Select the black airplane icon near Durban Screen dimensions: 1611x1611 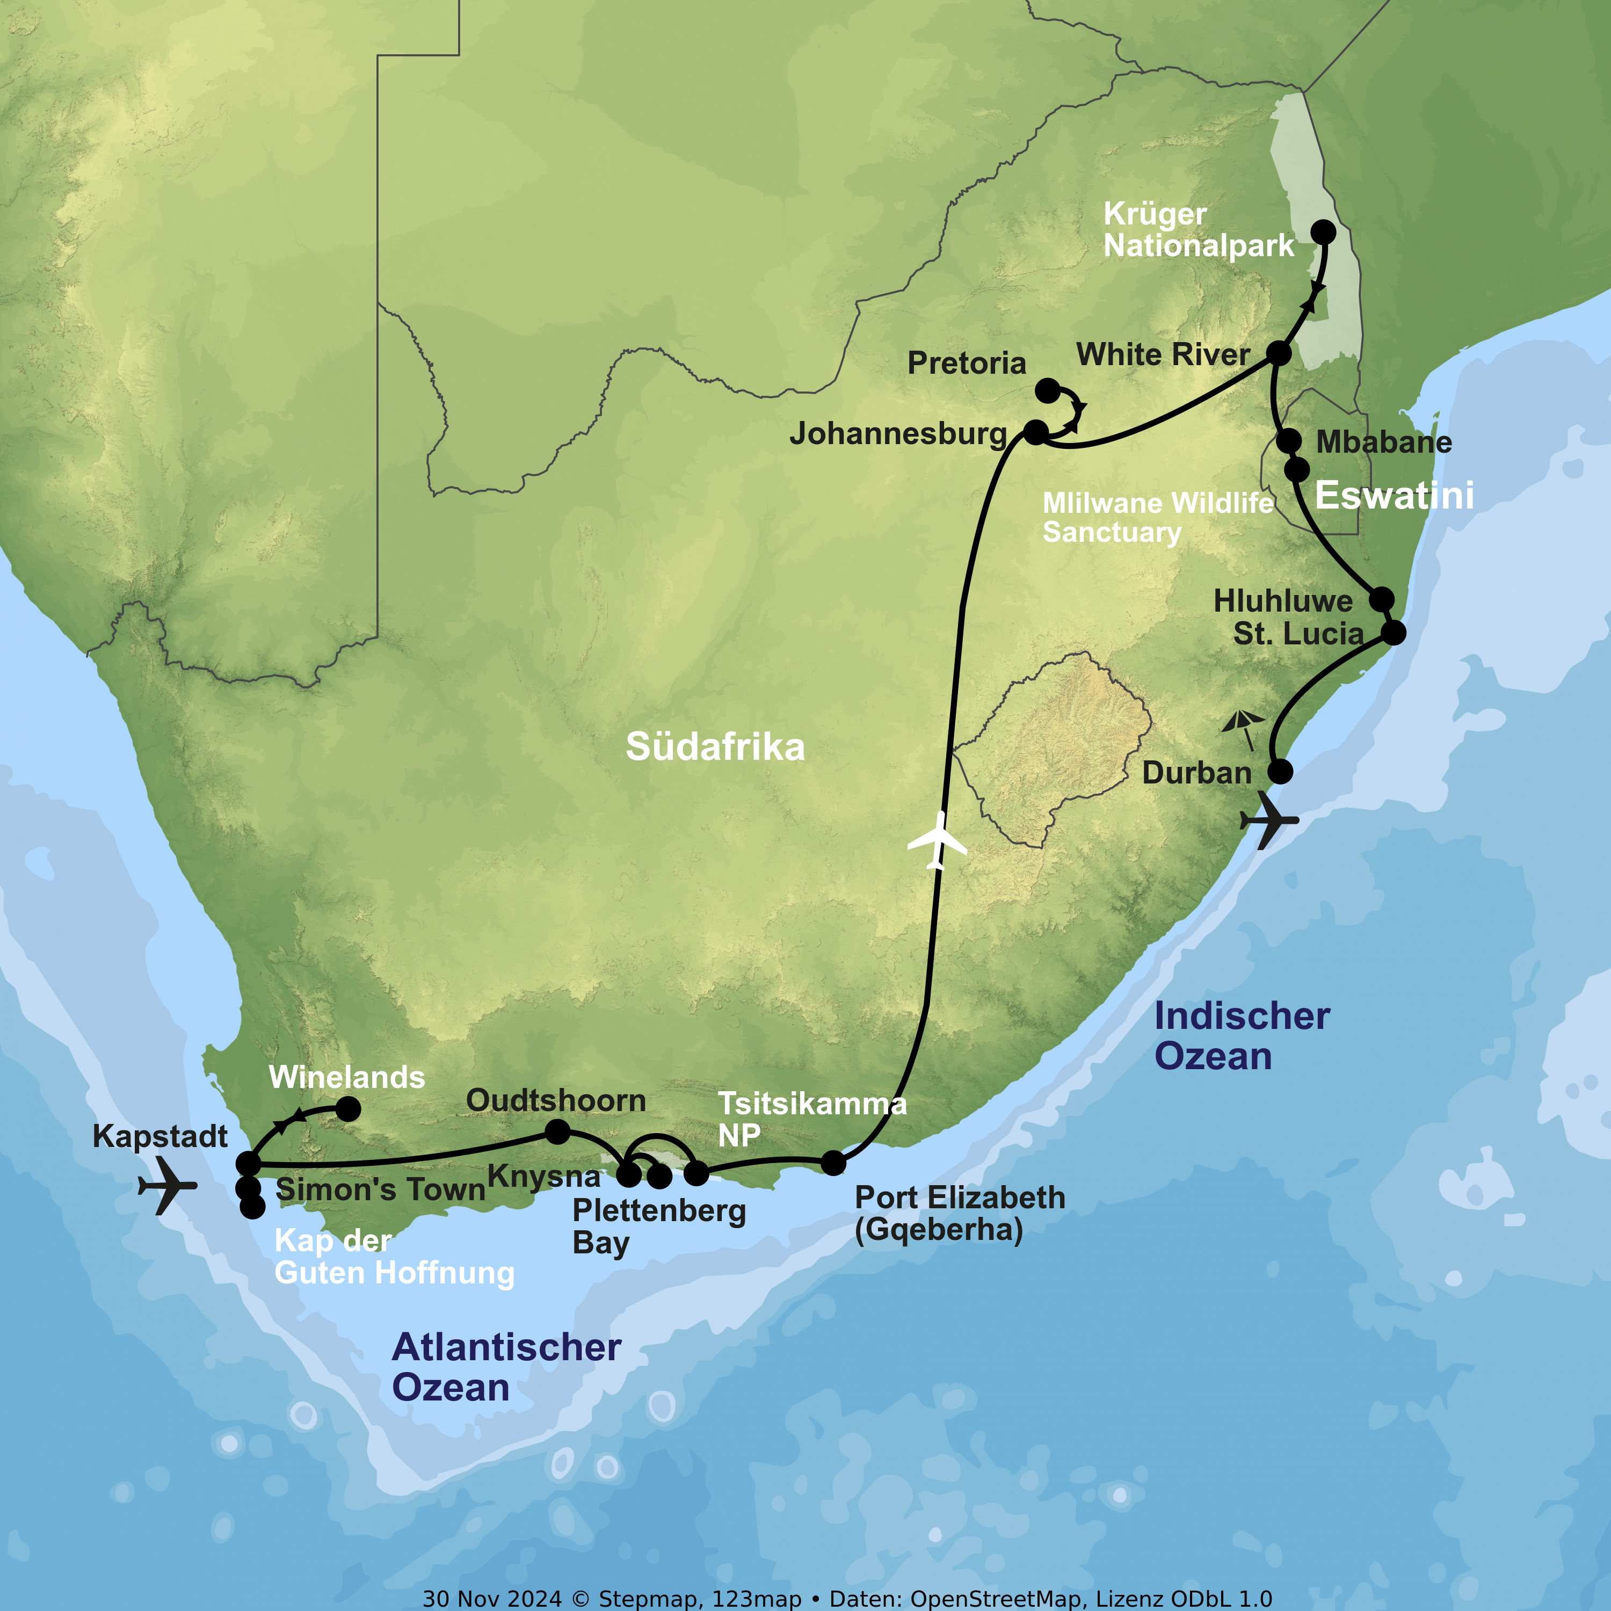(x=1269, y=821)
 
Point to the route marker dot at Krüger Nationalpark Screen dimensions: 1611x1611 (x=1323, y=232)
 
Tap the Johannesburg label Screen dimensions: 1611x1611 (x=898, y=433)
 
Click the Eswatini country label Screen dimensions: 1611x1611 (x=1394, y=495)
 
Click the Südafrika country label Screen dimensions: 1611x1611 (x=715, y=746)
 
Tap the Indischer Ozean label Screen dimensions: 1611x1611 (x=1241, y=1036)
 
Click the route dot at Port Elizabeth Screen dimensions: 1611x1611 (x=833, y=1163)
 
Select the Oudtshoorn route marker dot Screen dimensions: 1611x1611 (x=557, y=1131)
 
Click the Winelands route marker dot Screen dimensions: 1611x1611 (x=348, y=1109)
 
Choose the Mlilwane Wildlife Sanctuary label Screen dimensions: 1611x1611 (x=1157, y=517)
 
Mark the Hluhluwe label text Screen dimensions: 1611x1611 (x=1282, y=600)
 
